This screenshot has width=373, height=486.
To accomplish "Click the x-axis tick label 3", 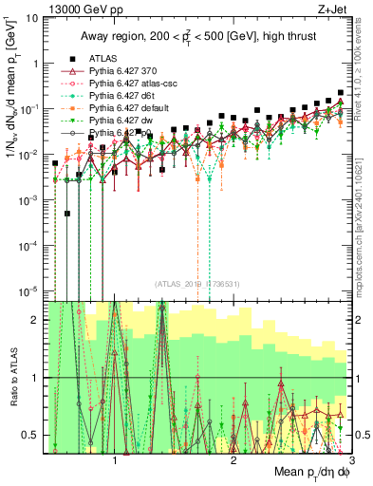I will [352, 458].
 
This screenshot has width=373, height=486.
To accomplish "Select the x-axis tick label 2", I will [233, 458].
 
